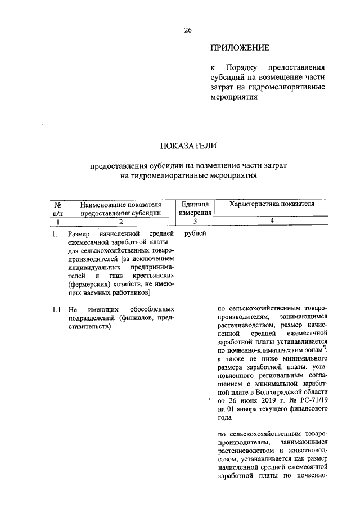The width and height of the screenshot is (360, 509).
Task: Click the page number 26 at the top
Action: [x=188, y=30]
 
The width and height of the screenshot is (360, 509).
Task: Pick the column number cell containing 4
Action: [x=272, y=222]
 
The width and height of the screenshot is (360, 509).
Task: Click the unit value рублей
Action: [x=195, y=233]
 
